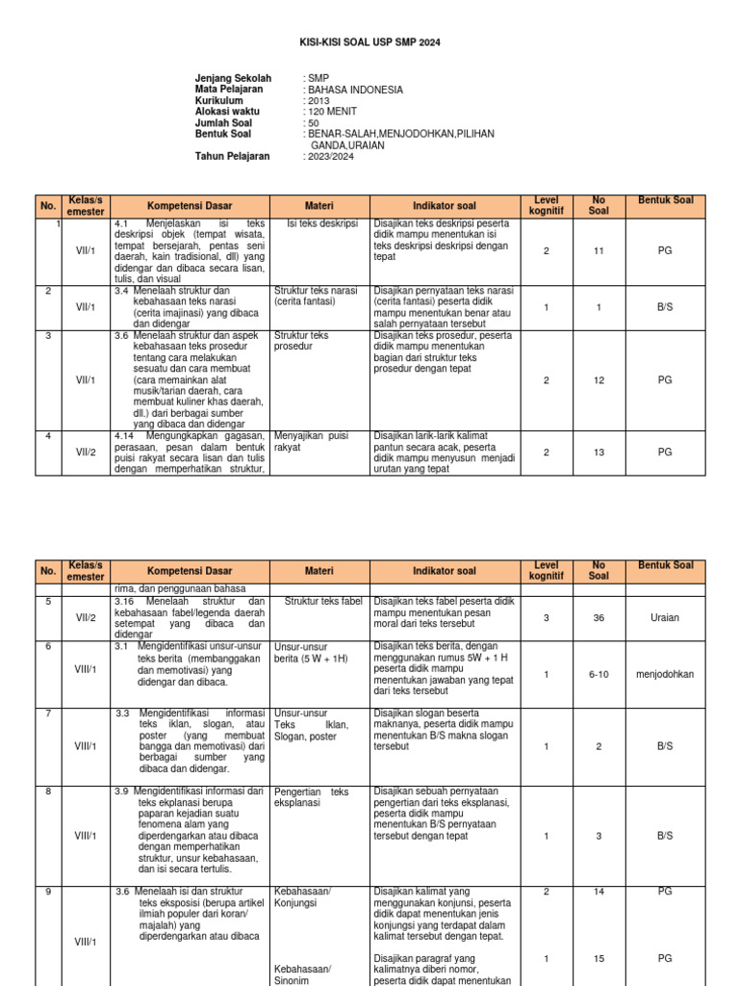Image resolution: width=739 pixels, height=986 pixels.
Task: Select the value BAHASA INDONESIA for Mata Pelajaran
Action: pos(353,90)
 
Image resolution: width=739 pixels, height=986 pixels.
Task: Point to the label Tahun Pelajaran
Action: pos(233,156)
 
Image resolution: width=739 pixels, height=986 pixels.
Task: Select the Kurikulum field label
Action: pos(219,101)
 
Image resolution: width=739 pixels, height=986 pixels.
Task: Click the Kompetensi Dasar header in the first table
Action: pos(189,206)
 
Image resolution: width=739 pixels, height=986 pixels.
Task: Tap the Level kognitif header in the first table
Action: pos(546,206)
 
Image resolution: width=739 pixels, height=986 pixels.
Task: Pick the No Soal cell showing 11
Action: pos(599,250)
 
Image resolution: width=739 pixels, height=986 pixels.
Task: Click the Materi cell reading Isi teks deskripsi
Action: pos(322,223)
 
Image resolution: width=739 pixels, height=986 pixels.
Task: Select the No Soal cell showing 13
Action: pos(599,452)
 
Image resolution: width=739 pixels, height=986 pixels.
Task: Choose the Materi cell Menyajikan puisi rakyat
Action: pos(311,441)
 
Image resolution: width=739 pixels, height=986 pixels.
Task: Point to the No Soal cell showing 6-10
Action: pos(599,674)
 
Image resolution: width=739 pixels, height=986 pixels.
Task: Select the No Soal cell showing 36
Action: pos(599,618)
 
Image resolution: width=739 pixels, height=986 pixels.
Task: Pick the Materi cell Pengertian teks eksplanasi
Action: pos(311,796)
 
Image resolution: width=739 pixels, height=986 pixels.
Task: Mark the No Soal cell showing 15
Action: pos(599,959)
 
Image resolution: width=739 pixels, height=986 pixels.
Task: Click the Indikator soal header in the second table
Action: pos(444,571)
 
